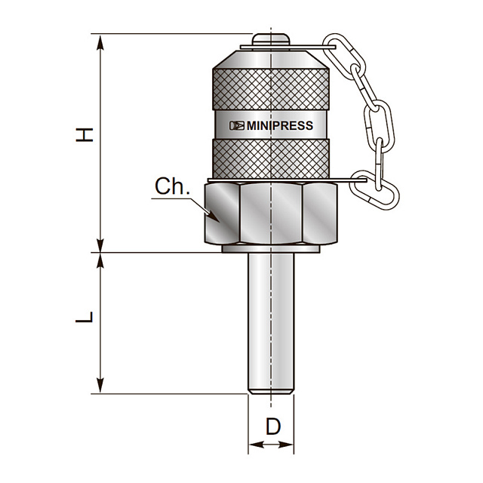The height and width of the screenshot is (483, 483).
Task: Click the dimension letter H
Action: (x=85, y=135)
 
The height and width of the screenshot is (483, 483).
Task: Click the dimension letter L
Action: (x=84, y=317)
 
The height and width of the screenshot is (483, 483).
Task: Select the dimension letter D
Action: (x=273, y=426)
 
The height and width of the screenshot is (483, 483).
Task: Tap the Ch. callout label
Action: (x=173, y=186)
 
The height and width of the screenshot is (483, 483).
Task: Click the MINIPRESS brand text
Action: (x=280, y=126)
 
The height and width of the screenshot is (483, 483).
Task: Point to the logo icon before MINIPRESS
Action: (x=236, y=126)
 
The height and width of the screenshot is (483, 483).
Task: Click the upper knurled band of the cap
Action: (x=271, y=89)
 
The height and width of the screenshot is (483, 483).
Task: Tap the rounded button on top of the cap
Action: (x=271, y=39)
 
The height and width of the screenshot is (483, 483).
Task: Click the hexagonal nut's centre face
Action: (x=271, y=213)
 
